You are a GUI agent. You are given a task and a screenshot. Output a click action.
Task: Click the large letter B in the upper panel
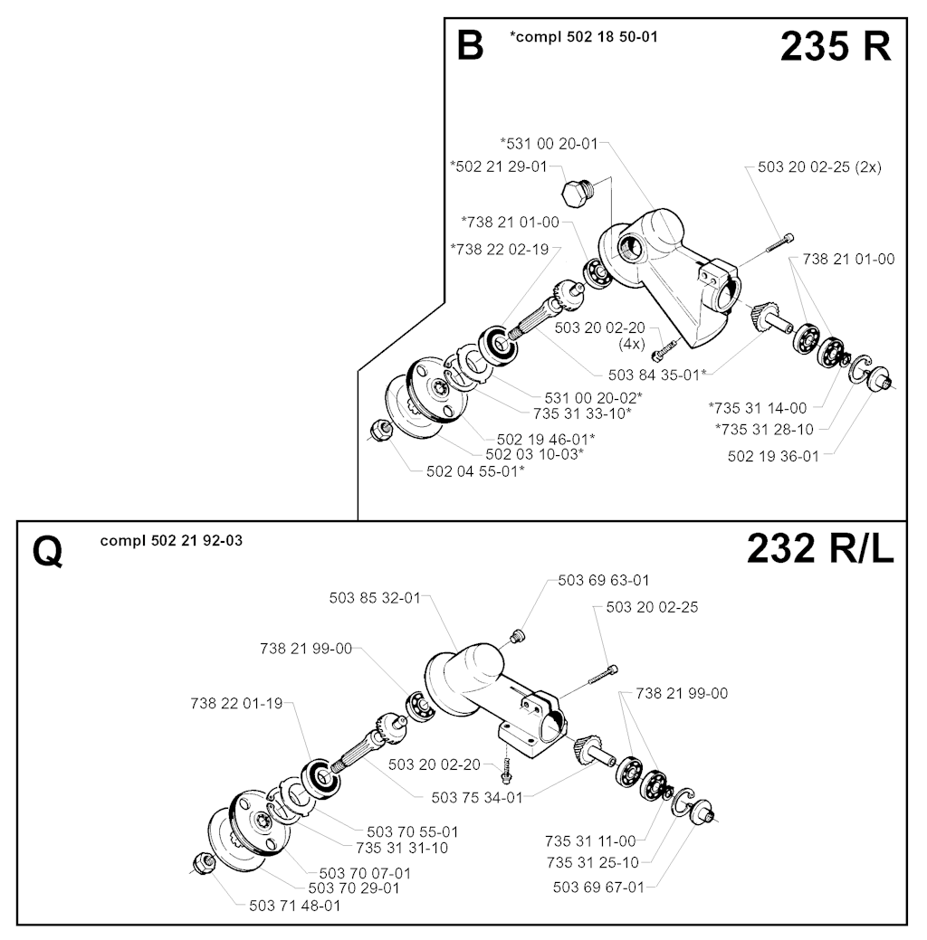point(470,46)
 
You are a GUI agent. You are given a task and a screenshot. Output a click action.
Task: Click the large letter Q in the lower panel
point(47,552)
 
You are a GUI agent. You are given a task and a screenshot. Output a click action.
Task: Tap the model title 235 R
point(836,46)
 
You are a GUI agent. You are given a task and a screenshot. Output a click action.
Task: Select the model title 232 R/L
point(820,548)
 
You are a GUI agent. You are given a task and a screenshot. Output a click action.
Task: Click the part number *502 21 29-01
point(499,166)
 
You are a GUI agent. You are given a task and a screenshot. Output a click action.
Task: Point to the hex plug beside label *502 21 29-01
point(578,192)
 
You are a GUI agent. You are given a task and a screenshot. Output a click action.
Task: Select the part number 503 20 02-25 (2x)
point(819,166)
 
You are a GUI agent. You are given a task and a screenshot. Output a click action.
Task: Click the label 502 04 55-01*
point(475,471)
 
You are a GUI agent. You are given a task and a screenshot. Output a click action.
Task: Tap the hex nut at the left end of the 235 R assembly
point(380,431)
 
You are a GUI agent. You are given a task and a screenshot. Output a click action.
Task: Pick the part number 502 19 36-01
point(773,456)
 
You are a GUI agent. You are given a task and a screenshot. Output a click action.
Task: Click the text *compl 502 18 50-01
point(583,36)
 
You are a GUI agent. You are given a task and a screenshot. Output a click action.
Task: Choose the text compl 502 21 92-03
point(172,541)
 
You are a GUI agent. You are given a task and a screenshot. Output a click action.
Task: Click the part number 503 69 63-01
point(604,580)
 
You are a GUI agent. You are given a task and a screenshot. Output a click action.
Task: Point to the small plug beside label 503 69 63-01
point(517,636)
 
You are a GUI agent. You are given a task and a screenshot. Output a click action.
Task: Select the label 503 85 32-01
point(375,598)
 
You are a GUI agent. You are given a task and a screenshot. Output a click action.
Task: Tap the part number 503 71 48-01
point(294,906)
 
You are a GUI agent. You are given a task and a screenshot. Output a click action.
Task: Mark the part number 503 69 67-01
point(598,887)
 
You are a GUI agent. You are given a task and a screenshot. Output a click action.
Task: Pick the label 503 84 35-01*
point(657,375)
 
